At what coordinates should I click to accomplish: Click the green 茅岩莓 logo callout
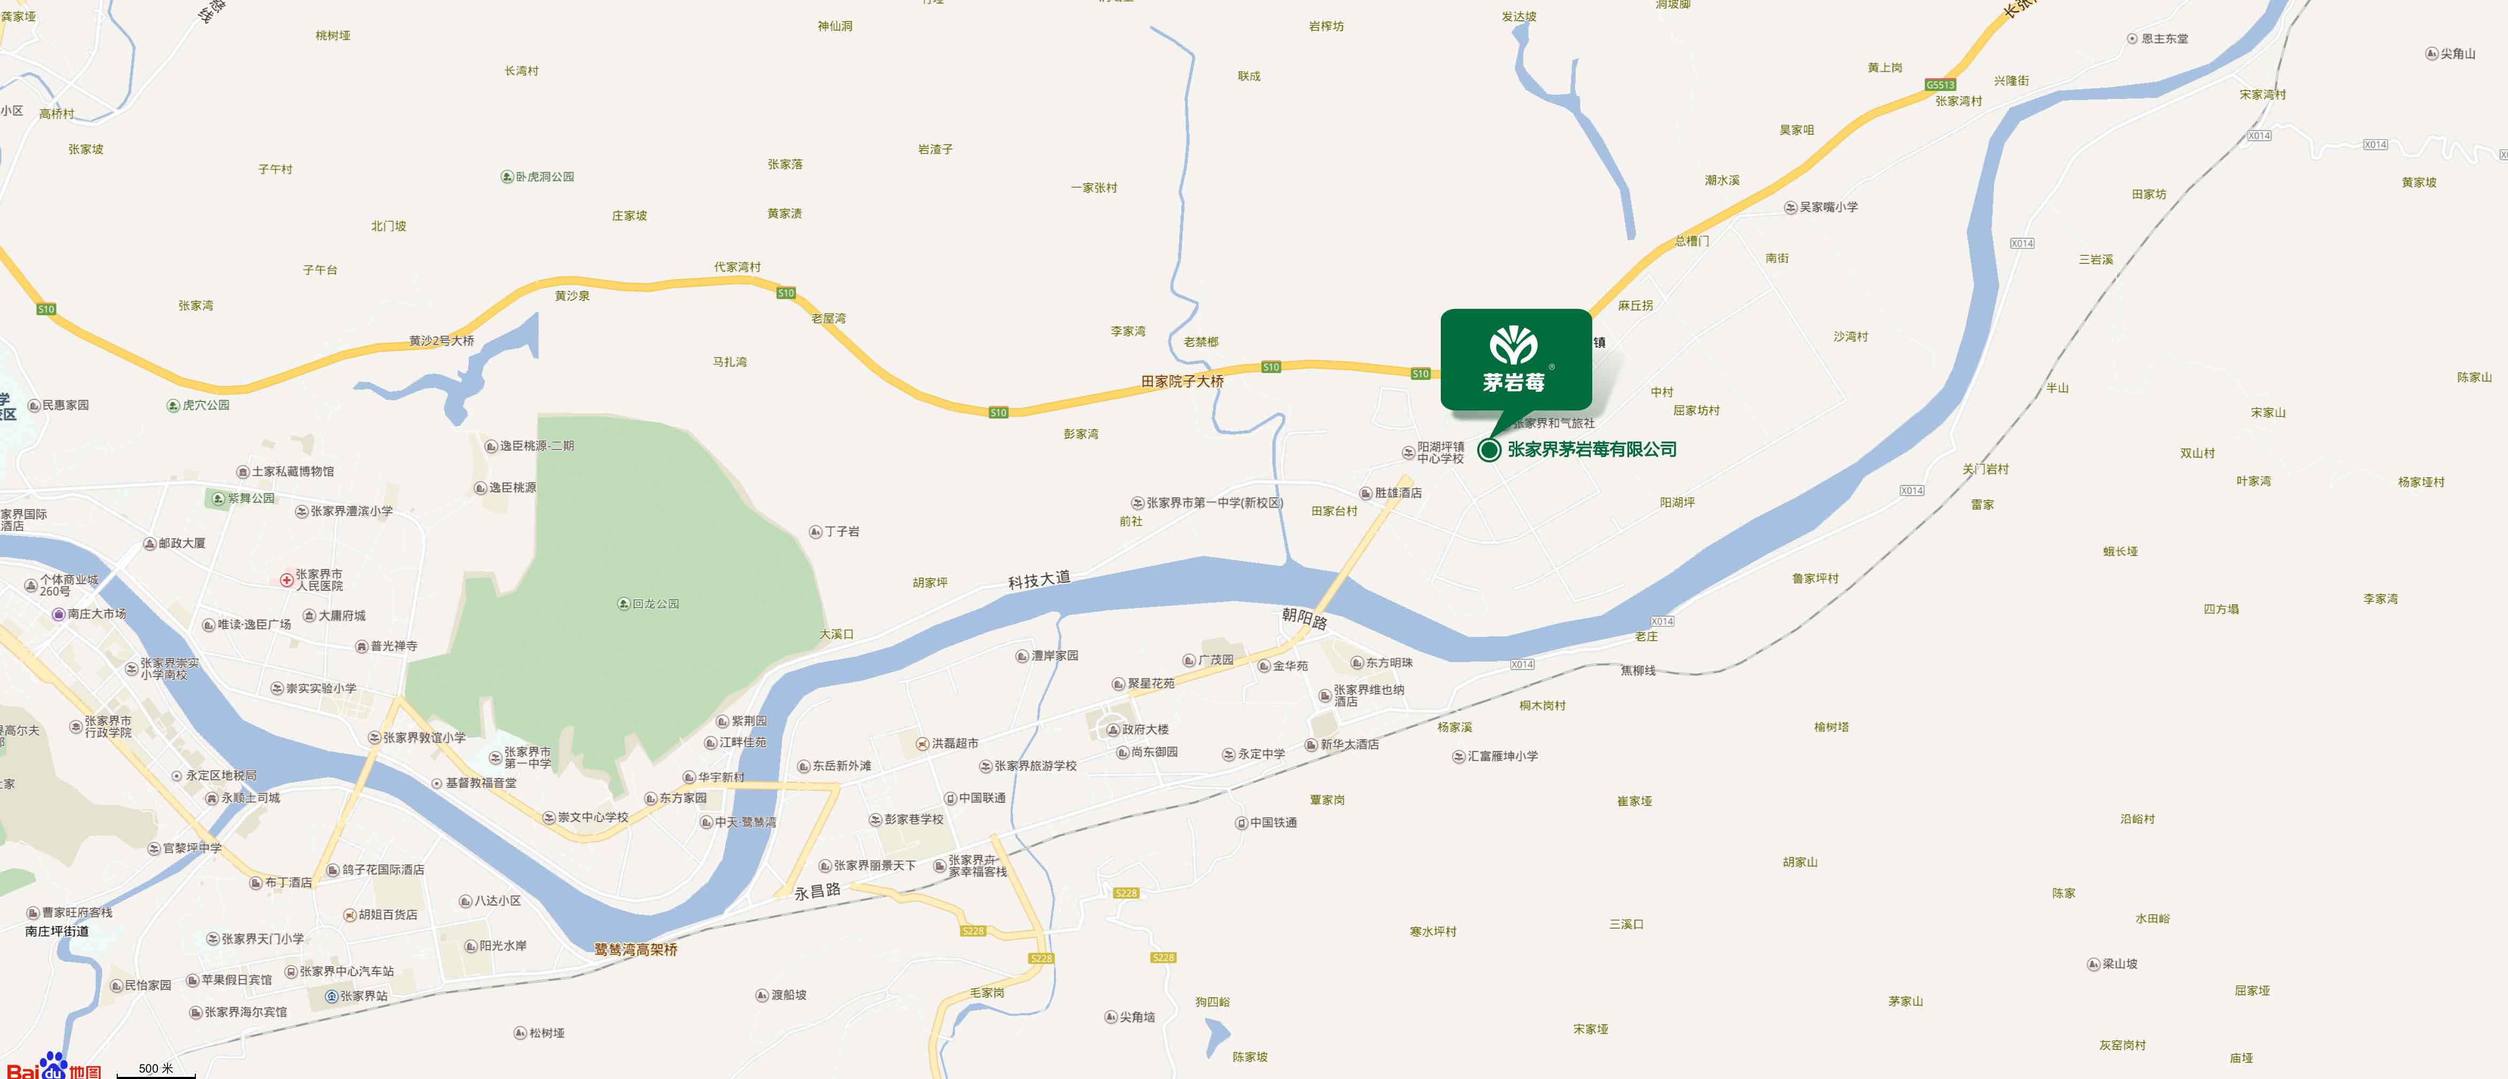click(1516, 359)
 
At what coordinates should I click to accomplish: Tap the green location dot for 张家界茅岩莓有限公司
click(1488, 450)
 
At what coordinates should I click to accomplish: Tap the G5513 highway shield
click(1940, 85)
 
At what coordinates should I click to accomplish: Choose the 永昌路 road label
click(817, 891)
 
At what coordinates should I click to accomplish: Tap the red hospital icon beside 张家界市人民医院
click(286, 580)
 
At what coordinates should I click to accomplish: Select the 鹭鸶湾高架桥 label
click(636, 949)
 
